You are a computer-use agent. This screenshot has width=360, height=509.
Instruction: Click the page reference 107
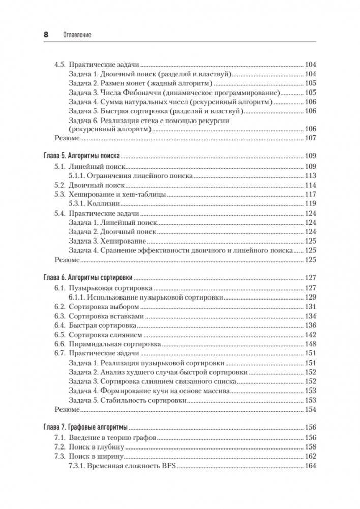[310, 138]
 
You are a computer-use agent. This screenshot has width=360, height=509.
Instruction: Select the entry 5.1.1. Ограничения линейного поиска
[130, 175]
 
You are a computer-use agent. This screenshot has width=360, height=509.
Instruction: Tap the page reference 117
[310, 194]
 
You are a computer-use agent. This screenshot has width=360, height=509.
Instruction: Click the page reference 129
[310, 296]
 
